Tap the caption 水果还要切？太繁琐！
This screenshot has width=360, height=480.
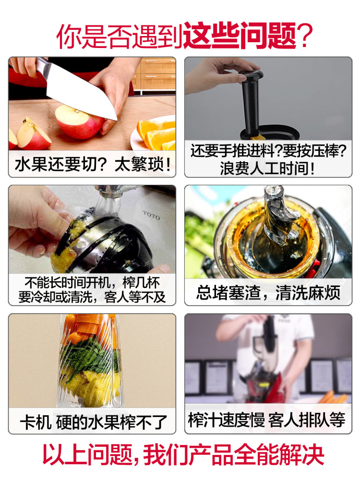point(92,166)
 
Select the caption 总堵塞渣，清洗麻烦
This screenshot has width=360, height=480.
point(268,292)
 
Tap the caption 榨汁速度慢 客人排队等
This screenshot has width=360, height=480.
point(268,421)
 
